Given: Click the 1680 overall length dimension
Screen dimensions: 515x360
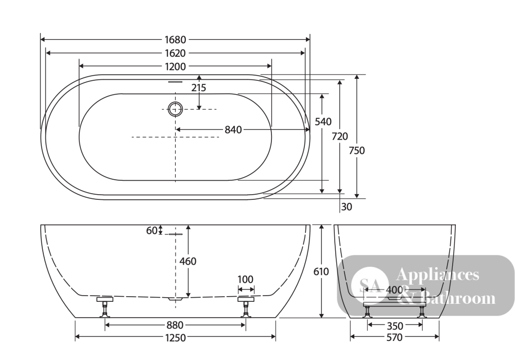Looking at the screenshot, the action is pyautogui.click(x=176, y=40).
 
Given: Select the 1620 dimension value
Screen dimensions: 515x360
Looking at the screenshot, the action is pyautogui.click(x=176, y=53).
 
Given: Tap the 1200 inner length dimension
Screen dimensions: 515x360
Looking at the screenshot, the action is pyautogui.click(x=176, y=66).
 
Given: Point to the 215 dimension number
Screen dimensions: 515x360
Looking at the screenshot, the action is pyautogui.click(x=199, y=88).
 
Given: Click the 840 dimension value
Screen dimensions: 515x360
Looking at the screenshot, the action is pyautogui.click(x=233, y=130).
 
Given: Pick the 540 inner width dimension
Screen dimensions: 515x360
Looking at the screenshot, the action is pyautogui.click(x=323, y=122).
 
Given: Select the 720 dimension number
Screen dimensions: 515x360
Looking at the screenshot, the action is pyautogui.click(x=339, y=136).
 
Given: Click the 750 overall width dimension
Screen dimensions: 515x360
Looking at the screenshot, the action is pyautogui.click(x=357, y=150).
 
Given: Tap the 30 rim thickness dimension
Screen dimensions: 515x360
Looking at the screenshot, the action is pyautogui.click(x=347, y=207).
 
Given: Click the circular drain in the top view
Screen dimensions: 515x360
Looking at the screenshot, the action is pyautogui.click(x=176, y=109).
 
